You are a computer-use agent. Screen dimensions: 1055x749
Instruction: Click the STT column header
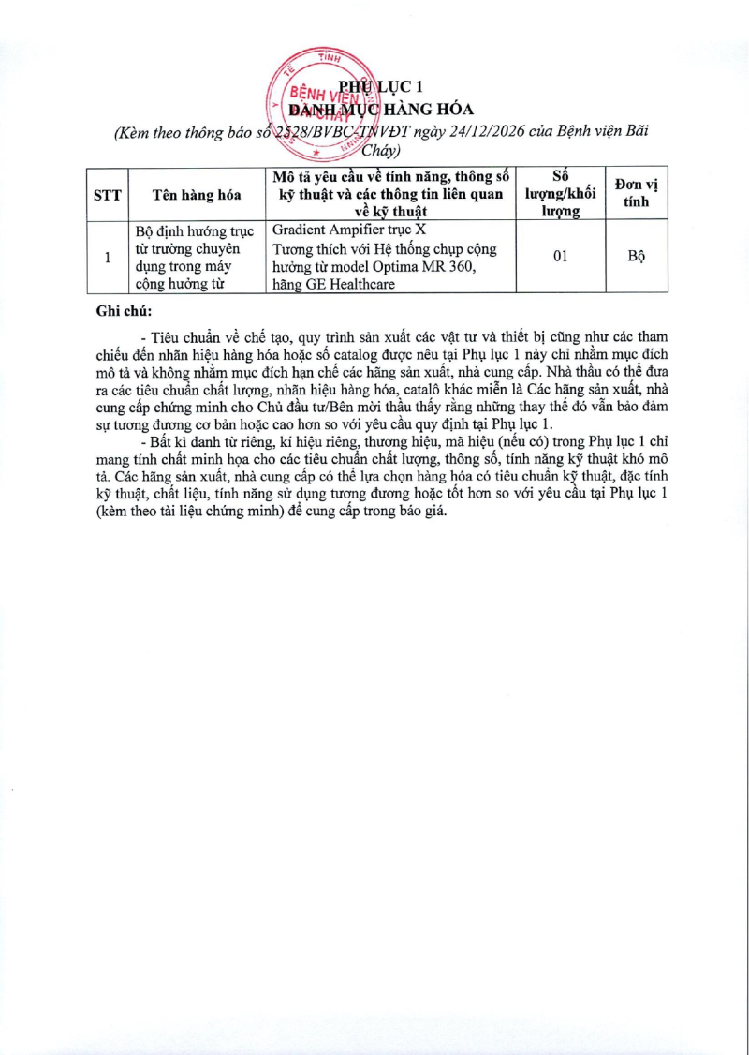click(106, 195)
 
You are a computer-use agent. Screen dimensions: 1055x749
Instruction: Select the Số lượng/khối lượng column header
click(561, 195)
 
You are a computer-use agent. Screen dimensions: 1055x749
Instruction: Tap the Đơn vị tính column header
click(635, 195)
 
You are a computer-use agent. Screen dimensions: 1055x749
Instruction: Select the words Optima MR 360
click(432, 267)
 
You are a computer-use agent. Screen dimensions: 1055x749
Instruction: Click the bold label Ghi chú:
click(124, 311)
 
